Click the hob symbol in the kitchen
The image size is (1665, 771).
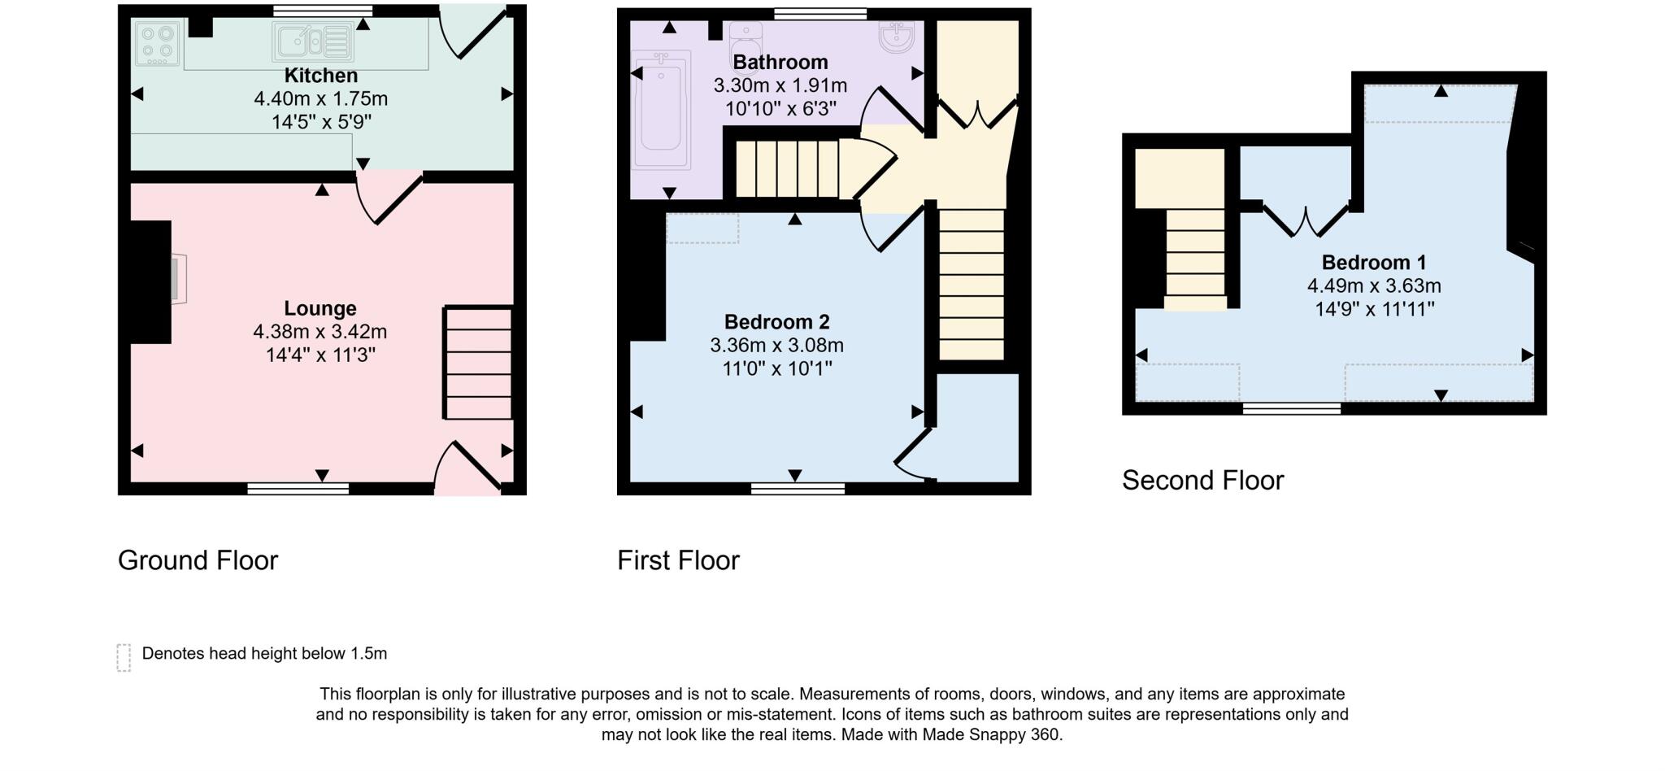pyautogui.click(x=159, y=44)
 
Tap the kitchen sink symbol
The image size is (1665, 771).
pyautogui.click(x=313, y=42)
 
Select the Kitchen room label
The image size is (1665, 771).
pyautogui.click(x=320, y=76)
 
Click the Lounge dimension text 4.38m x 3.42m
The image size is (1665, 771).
pyautogui.click(x=320, y=332)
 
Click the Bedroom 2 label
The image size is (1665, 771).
pyautogui.click(x=776, y=322)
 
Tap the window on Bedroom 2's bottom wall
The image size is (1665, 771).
pyautogui.click(x=797, y=489)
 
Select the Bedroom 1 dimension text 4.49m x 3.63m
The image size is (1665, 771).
pyautogui.click(x=1373, y=286)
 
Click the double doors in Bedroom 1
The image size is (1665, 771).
pyautogui.click(x=1306, y=220)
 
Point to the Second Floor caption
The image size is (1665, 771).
pyautogui.click(x=1202, y=480)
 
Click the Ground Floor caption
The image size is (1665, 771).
pyautogui.click(x=198, y=560)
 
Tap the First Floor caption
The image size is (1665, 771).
pyautogui.click(x=678, y=560)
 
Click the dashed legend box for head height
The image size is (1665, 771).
pyautogui.click(x=124, y=657)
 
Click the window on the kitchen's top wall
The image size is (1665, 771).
pyautogui.click(x=323, y=11)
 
